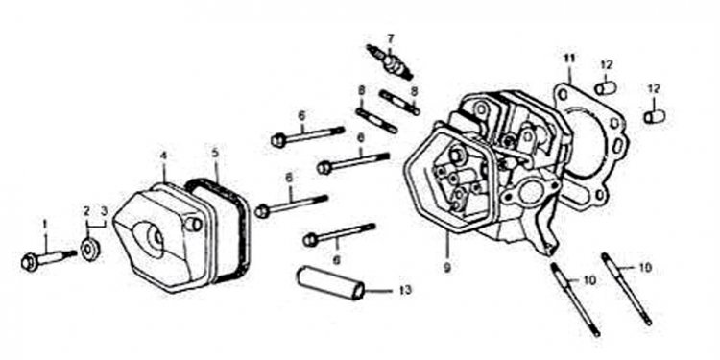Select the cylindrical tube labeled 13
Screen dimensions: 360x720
[x=332, y=281]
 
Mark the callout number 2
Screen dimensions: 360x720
[x=85, y=210]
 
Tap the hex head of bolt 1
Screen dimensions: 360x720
[x=29, y=260]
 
